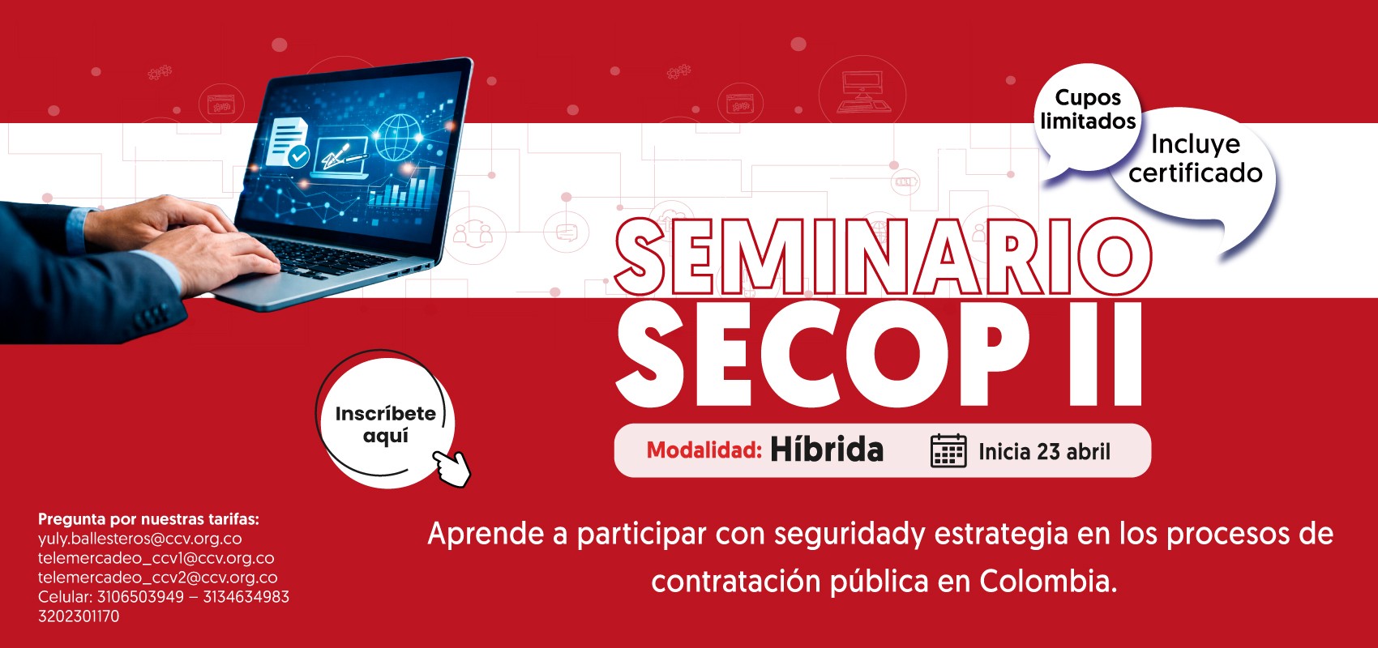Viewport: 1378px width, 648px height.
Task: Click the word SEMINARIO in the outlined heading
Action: coord(883,257)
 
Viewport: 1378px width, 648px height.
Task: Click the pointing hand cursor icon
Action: coord(452,468)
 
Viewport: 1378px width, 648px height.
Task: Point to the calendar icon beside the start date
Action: coord(948,450)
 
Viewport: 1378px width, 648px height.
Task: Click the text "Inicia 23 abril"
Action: coord(1044,452)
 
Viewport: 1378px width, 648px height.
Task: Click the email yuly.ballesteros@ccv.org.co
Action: coord(139,539)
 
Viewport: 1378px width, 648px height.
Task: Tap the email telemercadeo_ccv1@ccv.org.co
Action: coord(156,558)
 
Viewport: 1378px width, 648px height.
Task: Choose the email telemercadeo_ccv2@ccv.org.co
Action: coord(157,578)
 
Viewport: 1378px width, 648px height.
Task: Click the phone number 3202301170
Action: coord(79,616)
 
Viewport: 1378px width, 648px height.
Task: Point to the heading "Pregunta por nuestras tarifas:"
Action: coord(148,519)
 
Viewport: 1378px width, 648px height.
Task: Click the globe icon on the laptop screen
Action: coord(399,137)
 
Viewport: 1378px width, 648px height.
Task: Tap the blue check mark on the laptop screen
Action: coord(298,156)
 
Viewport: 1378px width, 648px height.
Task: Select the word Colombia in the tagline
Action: coord(1047,581)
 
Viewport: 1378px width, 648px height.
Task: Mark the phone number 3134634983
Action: coord(246,597)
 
